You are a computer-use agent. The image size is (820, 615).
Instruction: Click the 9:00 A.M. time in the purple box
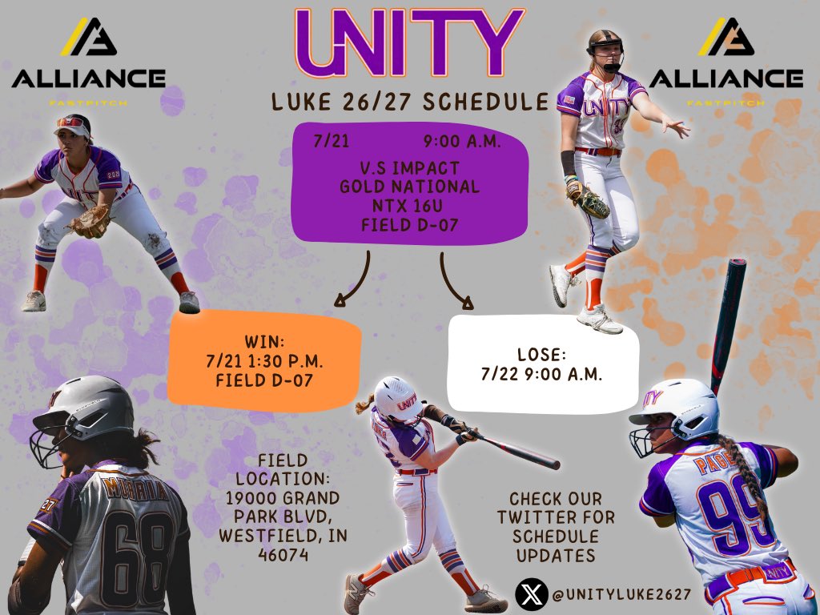[462, 143]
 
